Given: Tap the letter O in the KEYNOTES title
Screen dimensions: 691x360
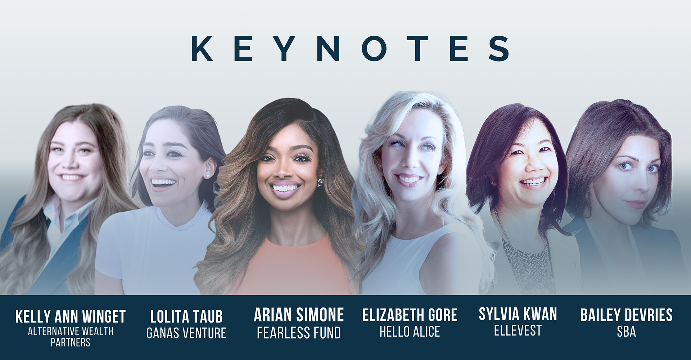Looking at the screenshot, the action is [x=375, y=48].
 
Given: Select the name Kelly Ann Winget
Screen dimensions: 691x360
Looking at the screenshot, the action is [x=71, y=317].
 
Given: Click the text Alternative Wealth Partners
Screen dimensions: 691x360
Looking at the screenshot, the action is [x=71, y=337].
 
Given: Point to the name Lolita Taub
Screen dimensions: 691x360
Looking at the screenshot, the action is [x=186, y=317].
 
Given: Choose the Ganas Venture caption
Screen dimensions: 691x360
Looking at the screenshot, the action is [x=186, y=333].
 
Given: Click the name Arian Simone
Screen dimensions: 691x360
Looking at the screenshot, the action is [x=299, y=315].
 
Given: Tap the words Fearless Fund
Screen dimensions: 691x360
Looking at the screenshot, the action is [x=299, y=333].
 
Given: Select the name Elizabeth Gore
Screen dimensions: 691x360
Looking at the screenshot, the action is [x=410, y=315].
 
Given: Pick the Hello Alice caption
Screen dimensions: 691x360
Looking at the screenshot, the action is [x=410, y=332].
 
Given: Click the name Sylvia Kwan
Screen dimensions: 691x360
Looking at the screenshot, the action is [x=518, y=314].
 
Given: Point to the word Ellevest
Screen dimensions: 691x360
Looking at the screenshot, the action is [x=518, y=330].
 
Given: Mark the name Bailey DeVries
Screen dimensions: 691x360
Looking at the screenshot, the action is [x=627, y=315].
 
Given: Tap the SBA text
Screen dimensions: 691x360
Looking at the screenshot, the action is [x=627, y=332].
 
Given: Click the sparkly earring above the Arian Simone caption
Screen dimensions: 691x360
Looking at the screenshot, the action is [x=320, y=183].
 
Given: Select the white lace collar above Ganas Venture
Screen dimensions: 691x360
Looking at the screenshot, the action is [x=184, y=218].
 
